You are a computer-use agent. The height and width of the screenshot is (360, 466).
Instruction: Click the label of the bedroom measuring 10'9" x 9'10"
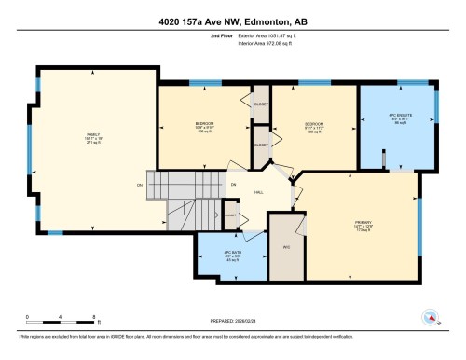(x=204, y=128)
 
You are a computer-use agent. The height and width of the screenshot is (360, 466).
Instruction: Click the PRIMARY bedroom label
(x=363, y=223)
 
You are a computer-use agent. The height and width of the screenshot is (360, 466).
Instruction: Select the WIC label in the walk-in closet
(x=287, y=246)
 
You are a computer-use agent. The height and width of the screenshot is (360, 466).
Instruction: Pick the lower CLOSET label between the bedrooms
(x=261, y=145)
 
